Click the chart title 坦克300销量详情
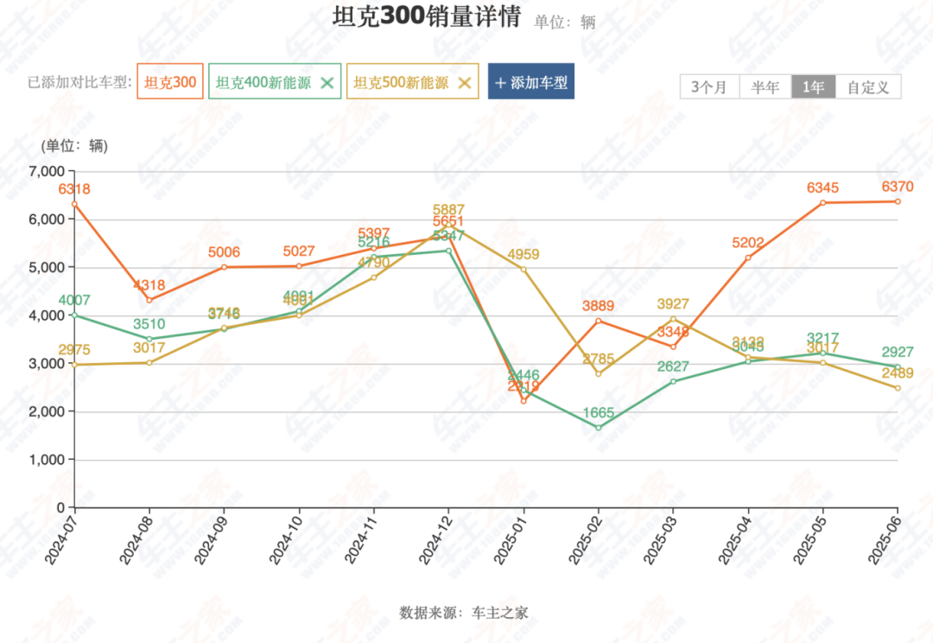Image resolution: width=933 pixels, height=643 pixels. (426, 17)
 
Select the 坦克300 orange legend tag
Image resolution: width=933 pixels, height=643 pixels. (170, 83)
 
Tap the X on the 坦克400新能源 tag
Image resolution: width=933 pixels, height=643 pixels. (327, 83)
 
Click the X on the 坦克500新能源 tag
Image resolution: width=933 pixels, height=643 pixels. (464, 83)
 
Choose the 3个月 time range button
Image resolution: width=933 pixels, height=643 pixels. (709, 87)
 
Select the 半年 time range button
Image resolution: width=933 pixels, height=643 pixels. (765, 87)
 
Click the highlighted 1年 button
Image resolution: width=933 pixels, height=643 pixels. (813, 87)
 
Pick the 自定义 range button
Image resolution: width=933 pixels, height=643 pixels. (868, 87)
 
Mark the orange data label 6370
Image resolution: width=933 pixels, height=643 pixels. (898, 187)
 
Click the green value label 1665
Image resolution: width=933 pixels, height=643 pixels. (599, 412)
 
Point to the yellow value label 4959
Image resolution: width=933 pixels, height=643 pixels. (524, 254)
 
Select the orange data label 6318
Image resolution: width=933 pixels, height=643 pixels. (74, 189)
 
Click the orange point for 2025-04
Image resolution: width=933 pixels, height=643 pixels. (748, 258)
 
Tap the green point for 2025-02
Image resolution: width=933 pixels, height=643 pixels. (599, 428)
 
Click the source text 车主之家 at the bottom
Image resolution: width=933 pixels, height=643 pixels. (500, 613)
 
